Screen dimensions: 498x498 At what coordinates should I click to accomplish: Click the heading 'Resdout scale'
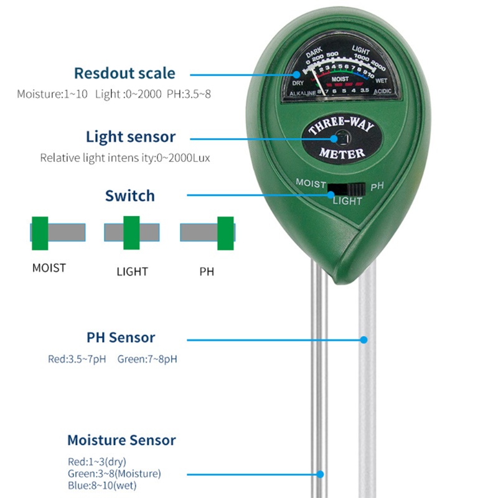tap(125, 73)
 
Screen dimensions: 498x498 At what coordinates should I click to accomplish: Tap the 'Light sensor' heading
tap(131, 137)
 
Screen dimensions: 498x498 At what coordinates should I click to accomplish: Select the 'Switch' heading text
tap(129, 196)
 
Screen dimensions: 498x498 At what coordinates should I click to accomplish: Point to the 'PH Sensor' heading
tap(121, 338)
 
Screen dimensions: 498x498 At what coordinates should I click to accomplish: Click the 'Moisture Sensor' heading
tap(121, 441)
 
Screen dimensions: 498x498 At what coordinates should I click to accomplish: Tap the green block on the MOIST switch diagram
tap(40, 232)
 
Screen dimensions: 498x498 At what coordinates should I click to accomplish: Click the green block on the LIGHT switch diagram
tap(131, 232)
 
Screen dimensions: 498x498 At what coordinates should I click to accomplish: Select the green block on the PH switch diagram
tap(225, 232)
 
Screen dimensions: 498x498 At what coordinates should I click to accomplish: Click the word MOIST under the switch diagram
tap(49, 268)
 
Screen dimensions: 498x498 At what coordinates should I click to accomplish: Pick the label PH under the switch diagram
tap(207, 272)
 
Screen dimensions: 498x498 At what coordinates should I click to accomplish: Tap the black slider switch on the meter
tap(347, 189)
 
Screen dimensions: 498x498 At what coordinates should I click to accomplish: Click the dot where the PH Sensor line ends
tap(364, 340)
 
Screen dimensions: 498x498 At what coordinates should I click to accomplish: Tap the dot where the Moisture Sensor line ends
tap(321, 475)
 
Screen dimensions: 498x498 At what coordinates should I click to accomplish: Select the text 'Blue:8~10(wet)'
tap(102, 486)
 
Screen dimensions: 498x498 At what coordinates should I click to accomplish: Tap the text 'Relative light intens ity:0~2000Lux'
tap(125, 158)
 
